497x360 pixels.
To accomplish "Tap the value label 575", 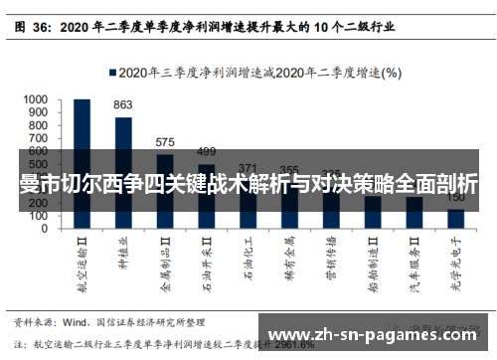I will pyautogui.click(x=165, y=142).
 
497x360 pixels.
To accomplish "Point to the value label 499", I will pyautogui.click(x=206, y=152).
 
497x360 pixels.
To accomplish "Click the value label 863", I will pyautogui.click(x=123, y=104).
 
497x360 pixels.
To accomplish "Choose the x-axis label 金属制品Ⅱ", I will pyautogui.click(x=165, y=262).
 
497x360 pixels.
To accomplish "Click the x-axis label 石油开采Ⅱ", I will pyautogui.click(x=207, y=262).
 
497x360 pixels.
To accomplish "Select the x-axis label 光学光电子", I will pyautogui.click(x=455, y=260).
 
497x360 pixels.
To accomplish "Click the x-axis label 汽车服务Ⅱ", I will pyautogui.click(x=414, y=262).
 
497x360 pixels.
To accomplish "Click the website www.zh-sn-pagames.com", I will pyautogui.click(x=372, y=334).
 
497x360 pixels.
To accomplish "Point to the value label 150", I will pyautogui.click(x=455, y=198).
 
